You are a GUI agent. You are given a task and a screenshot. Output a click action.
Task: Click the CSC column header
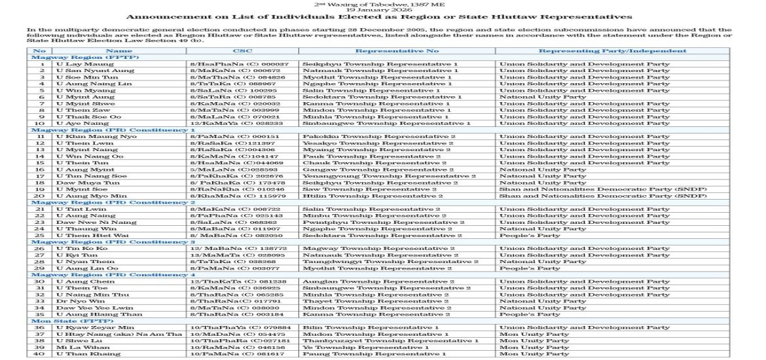242,50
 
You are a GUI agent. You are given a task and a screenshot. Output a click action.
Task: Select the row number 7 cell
41,103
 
